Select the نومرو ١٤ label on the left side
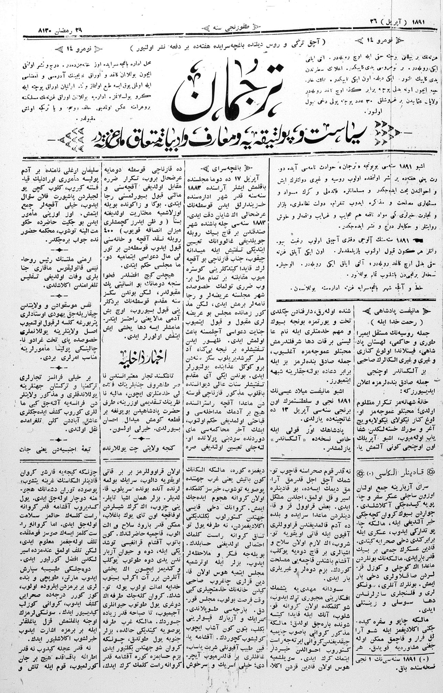[74, 49]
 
